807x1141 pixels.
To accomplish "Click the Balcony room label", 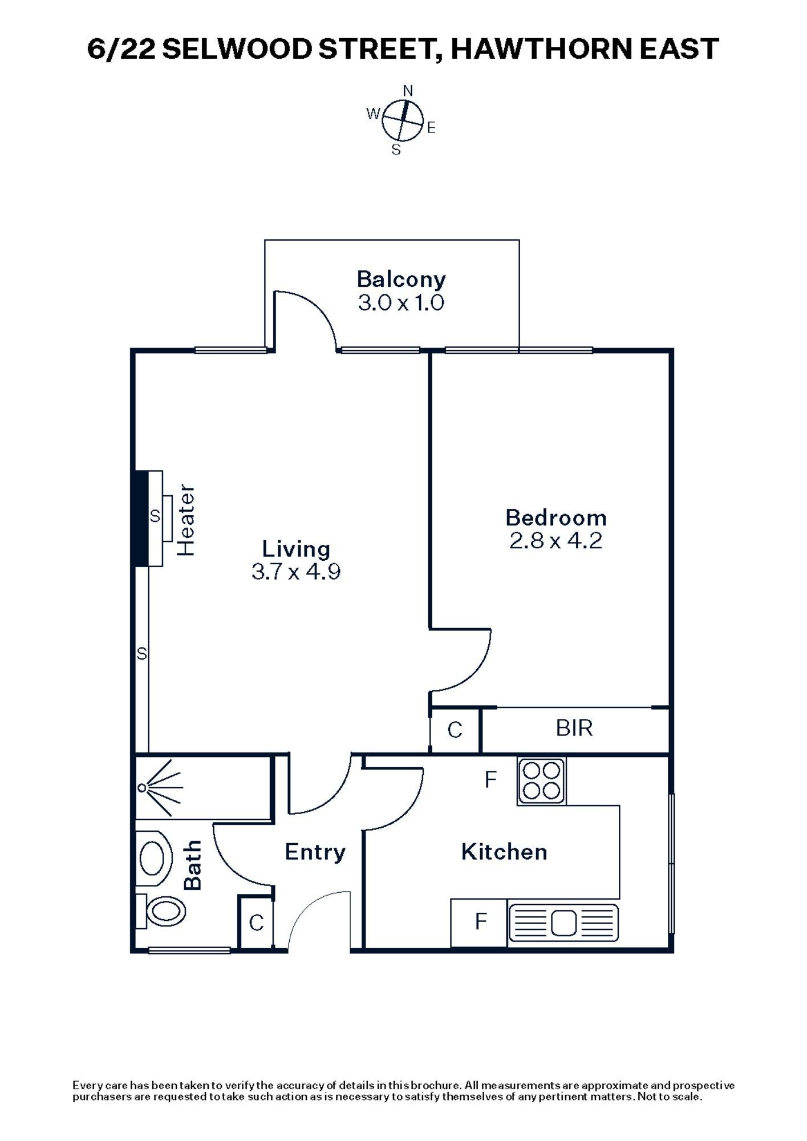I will pos(401,280).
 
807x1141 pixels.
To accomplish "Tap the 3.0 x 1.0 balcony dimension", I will pos(401,302).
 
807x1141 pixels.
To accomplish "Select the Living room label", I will pos(296,549).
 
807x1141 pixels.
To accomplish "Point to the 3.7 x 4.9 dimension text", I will pos(296,572).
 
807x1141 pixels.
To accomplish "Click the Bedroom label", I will pos(556,518).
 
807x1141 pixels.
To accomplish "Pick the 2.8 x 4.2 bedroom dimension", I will pos(556,540).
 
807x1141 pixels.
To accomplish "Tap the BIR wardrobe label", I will pos(574,728).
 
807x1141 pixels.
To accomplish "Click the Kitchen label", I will pos(504,852).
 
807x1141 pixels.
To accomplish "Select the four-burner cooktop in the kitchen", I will pos(541,781).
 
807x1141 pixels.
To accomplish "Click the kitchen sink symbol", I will pos(563,922).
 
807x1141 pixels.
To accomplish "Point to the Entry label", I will pos(315,852).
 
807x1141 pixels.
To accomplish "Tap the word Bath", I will pos(193,865).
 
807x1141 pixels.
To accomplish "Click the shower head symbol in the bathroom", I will pos(143,788).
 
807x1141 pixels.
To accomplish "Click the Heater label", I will pos(186,520).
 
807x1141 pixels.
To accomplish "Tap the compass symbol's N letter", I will pos(408,91).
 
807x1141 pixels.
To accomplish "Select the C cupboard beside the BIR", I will pos(455,730).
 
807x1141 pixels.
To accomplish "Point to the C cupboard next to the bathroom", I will pos(257,922).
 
